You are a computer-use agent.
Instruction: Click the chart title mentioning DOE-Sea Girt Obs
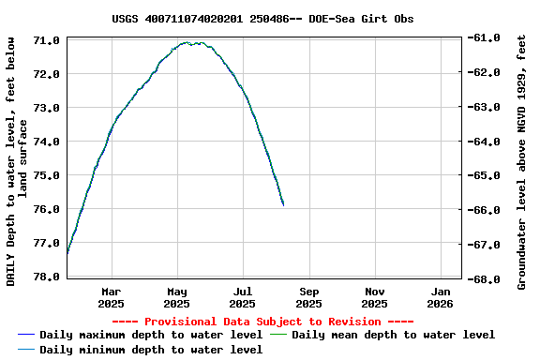(262, 19)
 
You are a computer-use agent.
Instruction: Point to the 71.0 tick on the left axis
(47, 40)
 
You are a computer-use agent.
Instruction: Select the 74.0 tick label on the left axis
(47, 142)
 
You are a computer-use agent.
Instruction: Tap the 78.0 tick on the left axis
(47, 277)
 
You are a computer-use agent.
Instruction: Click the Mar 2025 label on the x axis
(111, 297)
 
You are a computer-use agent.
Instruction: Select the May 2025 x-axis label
(176, 297)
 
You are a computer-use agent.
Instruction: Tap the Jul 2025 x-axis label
(243, 297)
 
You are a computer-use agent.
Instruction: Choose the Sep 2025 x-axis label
(308, 297)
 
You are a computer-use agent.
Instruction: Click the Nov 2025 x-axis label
(374, 297)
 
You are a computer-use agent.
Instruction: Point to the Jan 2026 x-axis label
(441, 297)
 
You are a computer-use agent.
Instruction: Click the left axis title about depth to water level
(17, 159)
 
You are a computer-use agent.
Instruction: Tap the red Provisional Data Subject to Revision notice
(262, 322)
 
